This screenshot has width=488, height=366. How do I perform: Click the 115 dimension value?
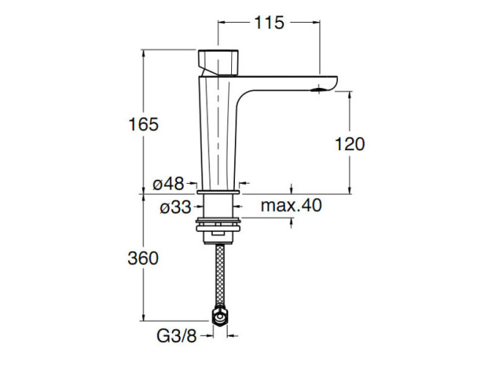pos(269,23)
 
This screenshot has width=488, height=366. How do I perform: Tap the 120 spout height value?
pos(350,144)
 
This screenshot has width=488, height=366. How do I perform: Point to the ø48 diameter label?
pos(169,184)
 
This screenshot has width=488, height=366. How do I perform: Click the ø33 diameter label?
pos(176,207)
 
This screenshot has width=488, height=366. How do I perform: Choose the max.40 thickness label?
pos(291,206)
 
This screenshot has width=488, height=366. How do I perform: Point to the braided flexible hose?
pos(218,274)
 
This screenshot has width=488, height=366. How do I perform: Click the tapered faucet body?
pos(219,132)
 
